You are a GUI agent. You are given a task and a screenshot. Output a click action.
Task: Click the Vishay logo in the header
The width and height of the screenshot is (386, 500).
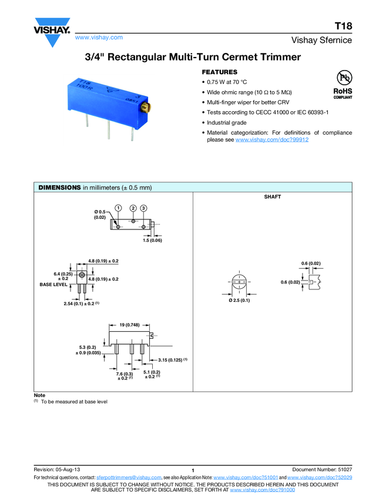tap(52, 35)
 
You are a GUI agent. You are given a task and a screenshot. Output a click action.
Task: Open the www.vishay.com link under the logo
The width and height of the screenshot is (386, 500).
tap(99, 38)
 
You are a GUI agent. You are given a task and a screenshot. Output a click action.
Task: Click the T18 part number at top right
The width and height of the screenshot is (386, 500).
tap(343, 26)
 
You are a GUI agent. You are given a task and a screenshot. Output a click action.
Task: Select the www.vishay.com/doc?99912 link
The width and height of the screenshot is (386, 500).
tap(272, 140)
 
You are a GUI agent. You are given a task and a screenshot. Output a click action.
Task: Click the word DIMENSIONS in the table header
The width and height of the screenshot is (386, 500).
tap(59, 188)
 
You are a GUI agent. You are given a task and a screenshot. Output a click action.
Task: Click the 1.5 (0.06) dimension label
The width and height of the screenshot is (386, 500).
tap(152, 241)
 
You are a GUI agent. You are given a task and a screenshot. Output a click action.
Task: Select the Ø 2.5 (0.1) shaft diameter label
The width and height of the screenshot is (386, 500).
tap(239, 301)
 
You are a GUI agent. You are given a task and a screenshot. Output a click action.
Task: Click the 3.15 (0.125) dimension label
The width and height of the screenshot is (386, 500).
tap(170, 359)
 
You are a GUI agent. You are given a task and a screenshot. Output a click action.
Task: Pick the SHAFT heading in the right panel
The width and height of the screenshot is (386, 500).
tap(273, 197)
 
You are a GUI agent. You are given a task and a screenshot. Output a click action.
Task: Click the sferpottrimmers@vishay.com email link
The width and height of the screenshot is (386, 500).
tap(129, 478)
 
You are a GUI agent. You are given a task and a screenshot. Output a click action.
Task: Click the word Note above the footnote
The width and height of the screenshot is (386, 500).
tap(40, 395)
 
